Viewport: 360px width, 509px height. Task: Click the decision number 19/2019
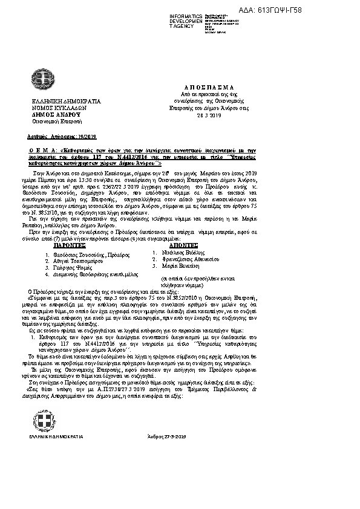tap(80, 137)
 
